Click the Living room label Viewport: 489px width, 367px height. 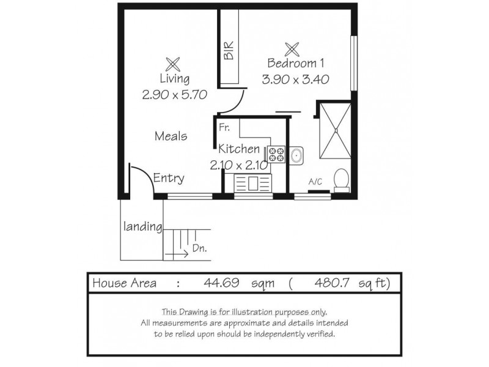pyautogui.click(x=174, y=79)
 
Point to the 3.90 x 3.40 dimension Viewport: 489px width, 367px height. pyautogui.click(x=296, y=79)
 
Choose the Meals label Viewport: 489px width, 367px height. pyautogui.click(x=171, y=136)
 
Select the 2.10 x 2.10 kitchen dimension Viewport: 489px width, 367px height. pyautogui.click(x=238, y=165)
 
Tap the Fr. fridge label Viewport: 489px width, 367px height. pyautogui.click(x=225, y=128)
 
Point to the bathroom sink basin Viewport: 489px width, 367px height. pyautogui.click(x=296, y=157)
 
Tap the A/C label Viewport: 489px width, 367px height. pyautogui.click(x=315, y=182)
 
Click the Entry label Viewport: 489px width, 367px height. pyautogui.click(x=169, y=179)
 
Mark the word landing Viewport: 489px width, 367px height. pyautogui.click(x=142, y=226)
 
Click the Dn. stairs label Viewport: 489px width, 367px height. pyautogui.click(x=199, y=249)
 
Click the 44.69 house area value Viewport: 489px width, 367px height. pyautogui.click(x=218, y=283)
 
